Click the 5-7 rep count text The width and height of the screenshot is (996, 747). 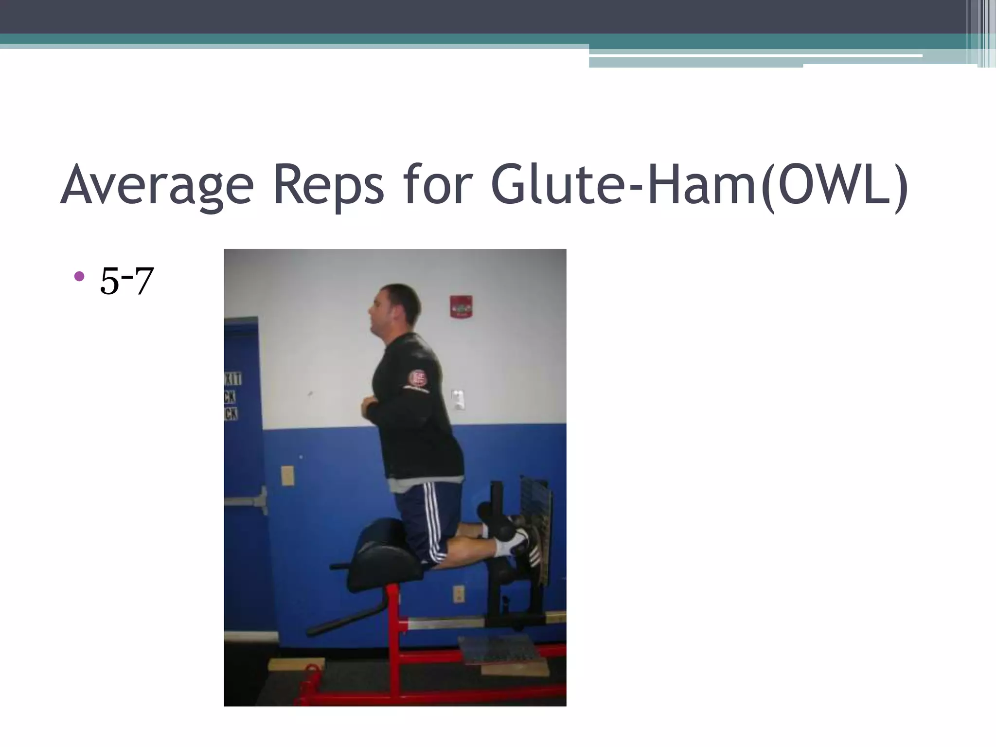(126, 281)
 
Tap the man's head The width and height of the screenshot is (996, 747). (395, 311)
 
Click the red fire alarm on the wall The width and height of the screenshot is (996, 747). (461, 306)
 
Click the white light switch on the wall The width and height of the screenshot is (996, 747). (458, 399)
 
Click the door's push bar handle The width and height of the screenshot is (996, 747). (246, 501)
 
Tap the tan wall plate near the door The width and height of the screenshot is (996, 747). (287, 475)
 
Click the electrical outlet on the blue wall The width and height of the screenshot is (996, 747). (459, 594)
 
